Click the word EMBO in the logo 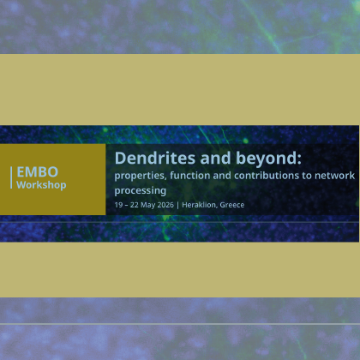38,172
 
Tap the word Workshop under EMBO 41,185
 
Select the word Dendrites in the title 155,158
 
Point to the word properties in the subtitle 141,176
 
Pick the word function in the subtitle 190,175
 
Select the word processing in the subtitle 141,191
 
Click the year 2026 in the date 165,205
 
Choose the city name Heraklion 199,205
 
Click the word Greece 232,205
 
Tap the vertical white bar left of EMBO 11,177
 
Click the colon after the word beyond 299,160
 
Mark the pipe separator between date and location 177,205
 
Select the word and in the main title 215,158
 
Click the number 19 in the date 118,205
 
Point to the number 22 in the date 135,205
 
